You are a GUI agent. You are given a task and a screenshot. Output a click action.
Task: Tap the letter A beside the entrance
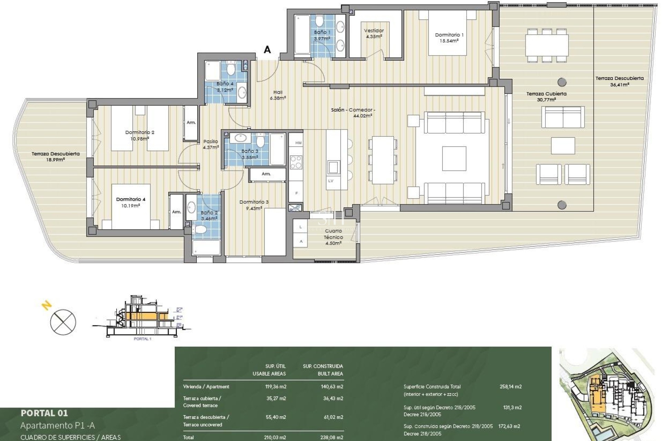(x=267, y=50)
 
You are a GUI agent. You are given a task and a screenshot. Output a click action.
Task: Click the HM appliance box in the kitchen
(x=298, y=143)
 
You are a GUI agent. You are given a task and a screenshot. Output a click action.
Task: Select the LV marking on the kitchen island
(x=331, y=181)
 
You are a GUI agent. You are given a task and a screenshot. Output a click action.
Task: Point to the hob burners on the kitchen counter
(x=296, y=162)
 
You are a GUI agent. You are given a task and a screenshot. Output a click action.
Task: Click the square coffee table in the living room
(x=454, y=158)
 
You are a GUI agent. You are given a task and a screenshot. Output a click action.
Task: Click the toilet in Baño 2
(x=200, y=229)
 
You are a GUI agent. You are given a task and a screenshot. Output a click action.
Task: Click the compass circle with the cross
(x=63, y=322)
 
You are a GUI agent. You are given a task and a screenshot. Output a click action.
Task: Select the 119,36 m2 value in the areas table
(x=275, y=387)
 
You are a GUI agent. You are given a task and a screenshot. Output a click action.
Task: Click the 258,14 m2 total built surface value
(x=510, y=387)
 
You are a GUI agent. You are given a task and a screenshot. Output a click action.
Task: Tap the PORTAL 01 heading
(x=44, y=413)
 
